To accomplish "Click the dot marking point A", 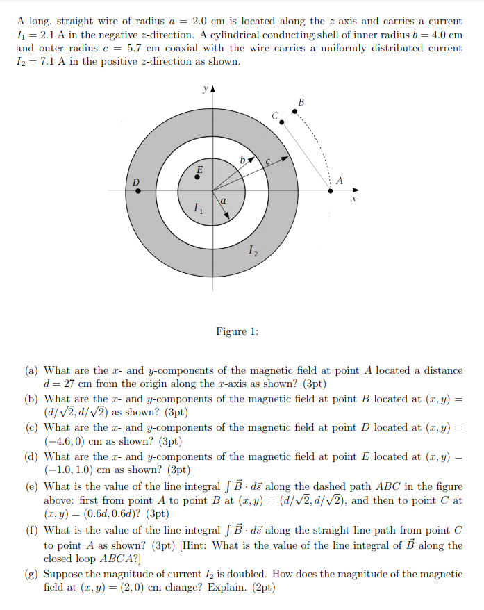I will pyautogui.click(x=330, y=190).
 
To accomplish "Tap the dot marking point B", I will pyautogui.click(x=294, y=111).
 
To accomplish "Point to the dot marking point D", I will pyautogui.click(x=137, y=190).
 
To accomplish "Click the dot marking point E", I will pyautogui.click(x=198, y=176).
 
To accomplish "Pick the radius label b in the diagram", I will pyautogui.click(x=241, y=160).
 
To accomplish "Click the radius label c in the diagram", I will pyautogui.click(x=268, y=160).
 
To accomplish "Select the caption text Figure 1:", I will pyautogui.click(x=237, y=331).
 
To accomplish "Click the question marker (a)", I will pyautogui.click(x=32, y=370).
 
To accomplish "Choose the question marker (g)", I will pyautogui.click(x=32, y=574).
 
